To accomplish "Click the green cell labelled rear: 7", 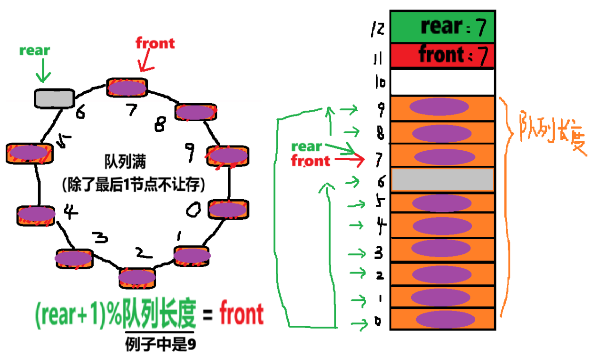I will [442, 27].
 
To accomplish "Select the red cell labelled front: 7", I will [442, 55].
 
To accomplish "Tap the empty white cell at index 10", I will [442, 82].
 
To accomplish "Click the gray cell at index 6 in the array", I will [442, 180].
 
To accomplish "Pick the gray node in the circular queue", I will [54, 97].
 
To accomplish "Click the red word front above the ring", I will [155, 43].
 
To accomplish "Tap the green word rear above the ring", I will [34, 50].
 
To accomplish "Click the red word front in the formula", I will [241, 314].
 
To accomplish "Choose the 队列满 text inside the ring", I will [125, 162].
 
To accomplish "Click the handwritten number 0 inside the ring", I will [194, 210].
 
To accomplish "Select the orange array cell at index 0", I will [442, 319].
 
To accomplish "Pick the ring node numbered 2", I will [137, 277].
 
